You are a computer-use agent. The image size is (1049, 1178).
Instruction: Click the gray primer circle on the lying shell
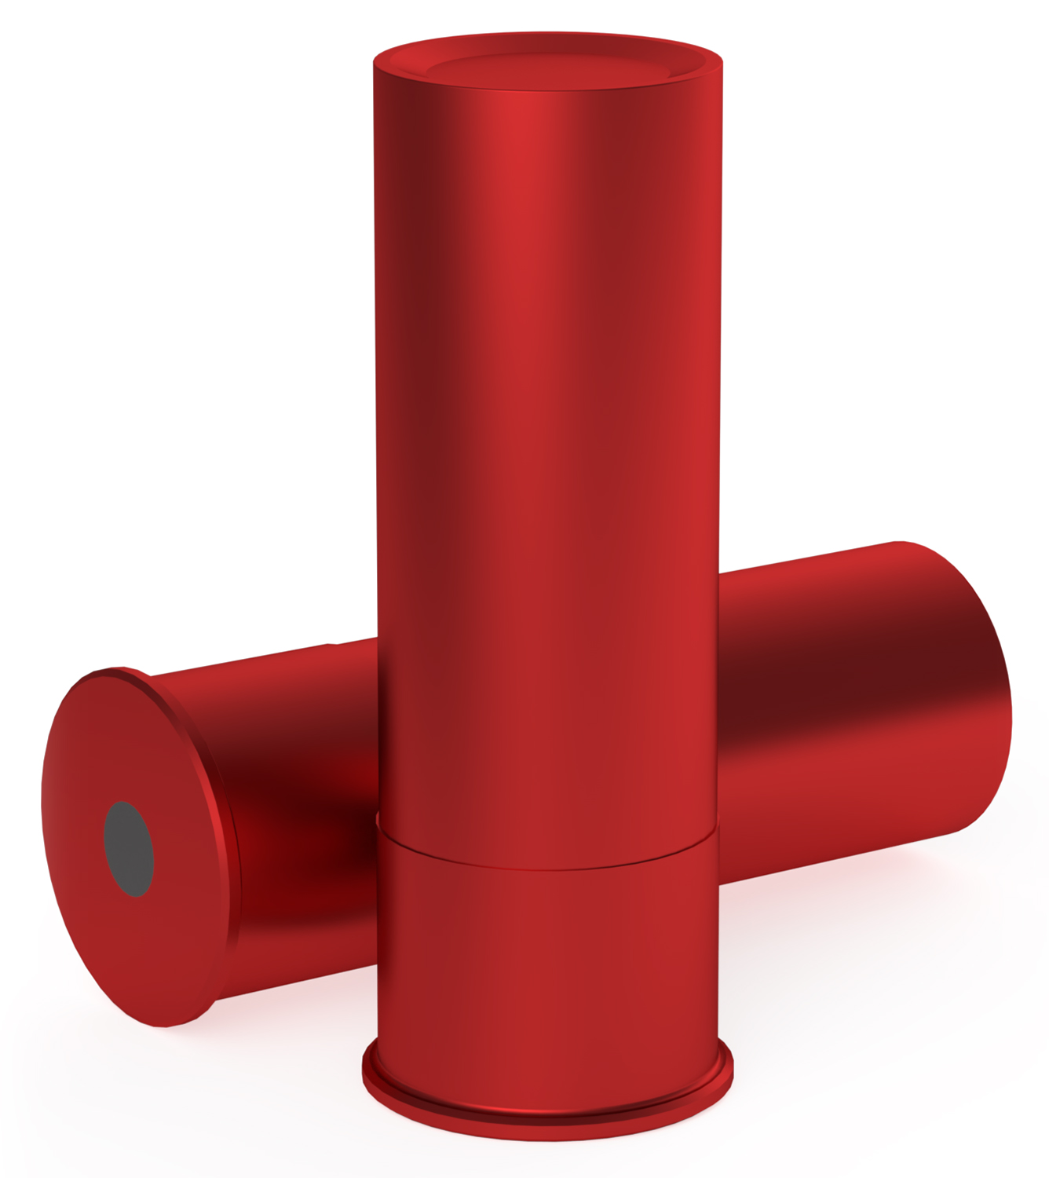pos(130,849)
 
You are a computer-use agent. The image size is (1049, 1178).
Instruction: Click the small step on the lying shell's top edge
pos(333,644)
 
